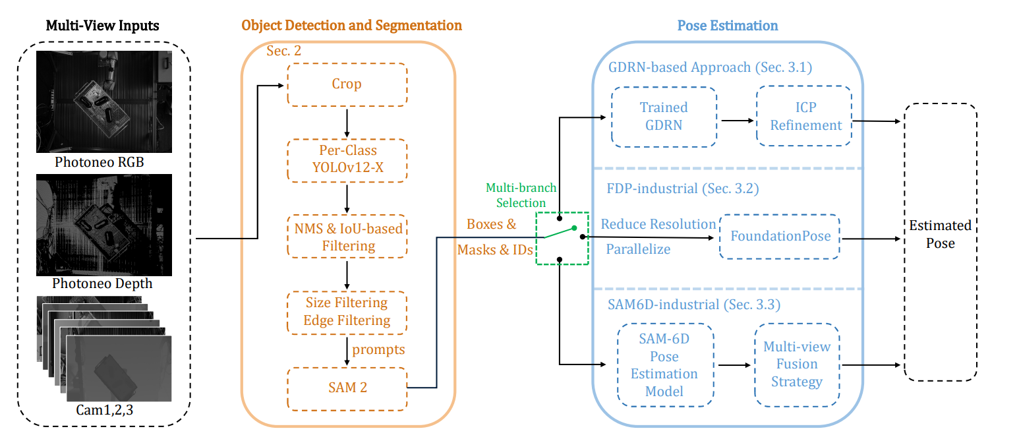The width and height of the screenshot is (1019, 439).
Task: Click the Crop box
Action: (347, 84)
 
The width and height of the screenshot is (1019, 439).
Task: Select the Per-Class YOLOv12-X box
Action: (347, 160)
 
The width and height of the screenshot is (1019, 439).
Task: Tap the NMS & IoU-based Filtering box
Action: (347, 237)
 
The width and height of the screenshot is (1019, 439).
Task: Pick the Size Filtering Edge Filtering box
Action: (347, 312)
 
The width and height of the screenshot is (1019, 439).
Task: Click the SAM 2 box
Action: (347, 388)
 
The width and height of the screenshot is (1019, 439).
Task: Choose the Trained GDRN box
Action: (664, 117)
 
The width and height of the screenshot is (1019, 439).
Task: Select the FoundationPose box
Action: (780, 236)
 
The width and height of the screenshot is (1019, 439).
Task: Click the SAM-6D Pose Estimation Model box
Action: (664, 365)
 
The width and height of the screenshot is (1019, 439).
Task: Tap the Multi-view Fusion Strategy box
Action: (796, 365)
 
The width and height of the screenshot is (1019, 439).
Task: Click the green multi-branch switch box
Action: (562, 239)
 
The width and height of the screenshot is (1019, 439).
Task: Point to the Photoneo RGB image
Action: (103, 102)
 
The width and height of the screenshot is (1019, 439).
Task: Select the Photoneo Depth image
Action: (103, 225)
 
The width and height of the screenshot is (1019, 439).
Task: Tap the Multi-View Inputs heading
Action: (103, 26)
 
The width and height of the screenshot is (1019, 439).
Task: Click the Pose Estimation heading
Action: (727, 26)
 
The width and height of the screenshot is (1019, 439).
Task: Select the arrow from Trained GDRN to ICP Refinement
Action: (736, 121)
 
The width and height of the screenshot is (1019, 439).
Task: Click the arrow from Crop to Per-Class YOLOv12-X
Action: (347, 123)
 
